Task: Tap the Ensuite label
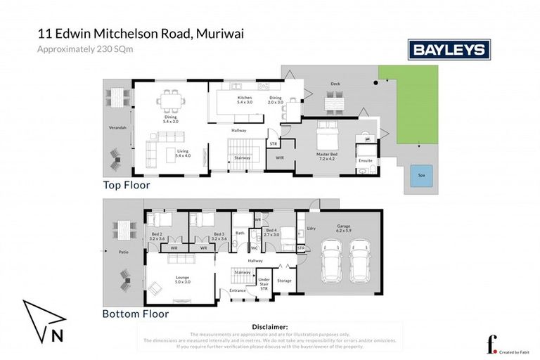pos(366,161)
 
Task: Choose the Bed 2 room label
pos(157,236)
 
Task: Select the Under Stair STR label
pos(264,284)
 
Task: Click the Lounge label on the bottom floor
pos(183,279)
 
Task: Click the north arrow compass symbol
pos(43,323)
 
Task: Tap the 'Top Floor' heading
pos(126,186)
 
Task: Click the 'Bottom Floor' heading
pos(136,314)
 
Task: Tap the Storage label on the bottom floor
pos(284,281)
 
